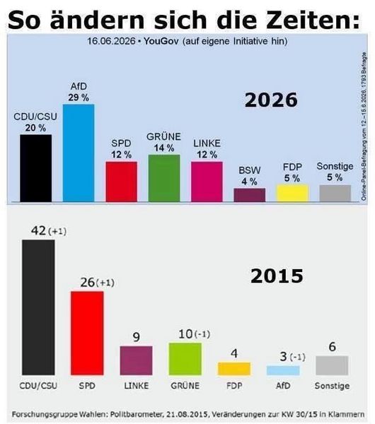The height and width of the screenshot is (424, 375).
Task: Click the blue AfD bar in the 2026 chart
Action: [79, 153]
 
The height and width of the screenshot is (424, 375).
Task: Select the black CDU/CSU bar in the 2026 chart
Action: [36, 168]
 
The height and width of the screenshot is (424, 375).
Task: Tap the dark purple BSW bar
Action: [250, 195]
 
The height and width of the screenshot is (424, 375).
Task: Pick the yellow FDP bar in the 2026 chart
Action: [292, 193]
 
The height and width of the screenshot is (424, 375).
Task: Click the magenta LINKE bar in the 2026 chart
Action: [207, 182]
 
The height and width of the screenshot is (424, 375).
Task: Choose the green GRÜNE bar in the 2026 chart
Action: [164, 178]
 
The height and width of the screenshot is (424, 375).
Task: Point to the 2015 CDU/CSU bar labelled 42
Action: [38, 307]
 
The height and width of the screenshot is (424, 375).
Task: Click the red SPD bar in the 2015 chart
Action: [87, 333]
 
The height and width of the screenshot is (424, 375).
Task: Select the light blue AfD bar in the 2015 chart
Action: [283, 370]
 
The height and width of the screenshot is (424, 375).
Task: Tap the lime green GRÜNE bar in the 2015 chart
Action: [185, 359]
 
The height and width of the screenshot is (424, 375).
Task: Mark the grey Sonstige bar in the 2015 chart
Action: [332, 365]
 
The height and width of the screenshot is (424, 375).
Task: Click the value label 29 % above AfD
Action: [79, 98]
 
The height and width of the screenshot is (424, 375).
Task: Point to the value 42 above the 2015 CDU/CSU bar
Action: [38, 230]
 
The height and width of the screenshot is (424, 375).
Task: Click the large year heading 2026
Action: [271, 100]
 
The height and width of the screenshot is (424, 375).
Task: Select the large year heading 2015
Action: [277, 276]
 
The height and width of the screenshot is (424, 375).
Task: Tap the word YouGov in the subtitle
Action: [161, 42]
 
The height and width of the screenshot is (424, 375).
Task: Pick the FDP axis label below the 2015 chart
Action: [234, 385]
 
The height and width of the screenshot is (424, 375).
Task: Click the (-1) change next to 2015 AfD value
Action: [298, 357]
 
